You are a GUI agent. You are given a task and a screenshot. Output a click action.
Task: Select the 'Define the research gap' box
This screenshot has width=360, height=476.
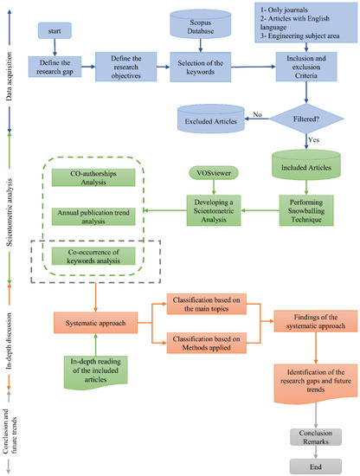(x=55, y=67)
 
